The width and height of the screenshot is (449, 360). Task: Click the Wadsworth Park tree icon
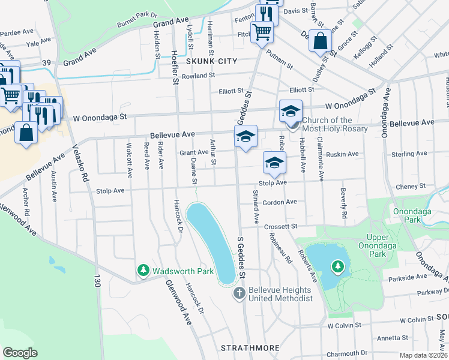pyautogui.click(x=143, y=271)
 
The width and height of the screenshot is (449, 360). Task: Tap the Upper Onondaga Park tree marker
pyautogui.click(x=338, y=266)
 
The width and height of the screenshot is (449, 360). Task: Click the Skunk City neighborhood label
pyautogui.click(x=212, y=61)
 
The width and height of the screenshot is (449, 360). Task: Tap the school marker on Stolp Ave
pyautogui.click(x=274, y=163)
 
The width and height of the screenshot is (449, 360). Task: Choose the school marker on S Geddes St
pyautogui.click(x=246, y=137)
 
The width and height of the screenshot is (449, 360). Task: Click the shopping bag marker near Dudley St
pyautogui.click(x=321, y=41)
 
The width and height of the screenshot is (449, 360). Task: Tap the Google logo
pyautogui.click(x=20, y=353)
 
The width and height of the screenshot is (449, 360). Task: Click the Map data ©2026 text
pyautogui.click(x=424, y=355)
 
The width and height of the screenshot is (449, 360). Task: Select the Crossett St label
pyautogui.click(x=282, y=226)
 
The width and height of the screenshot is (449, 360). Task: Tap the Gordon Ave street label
pyautogui.click(x=280, y=202)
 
